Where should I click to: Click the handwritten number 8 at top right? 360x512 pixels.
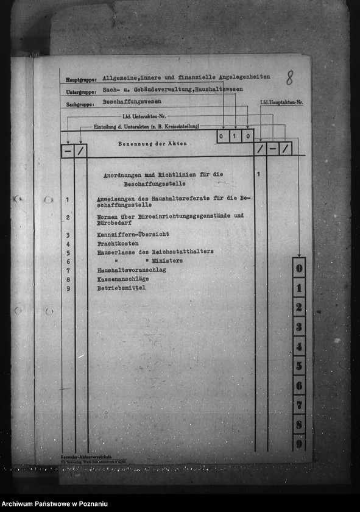289,77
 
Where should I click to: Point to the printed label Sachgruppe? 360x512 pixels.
81,105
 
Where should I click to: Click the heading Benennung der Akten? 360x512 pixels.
152,144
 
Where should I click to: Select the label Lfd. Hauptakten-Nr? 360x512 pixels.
281,102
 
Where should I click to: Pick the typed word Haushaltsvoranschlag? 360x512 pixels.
131,269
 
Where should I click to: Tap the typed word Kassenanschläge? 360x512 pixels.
122,279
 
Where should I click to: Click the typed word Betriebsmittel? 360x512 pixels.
121,287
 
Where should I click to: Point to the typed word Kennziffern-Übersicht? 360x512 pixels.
132,234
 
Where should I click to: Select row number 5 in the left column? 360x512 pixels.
68,252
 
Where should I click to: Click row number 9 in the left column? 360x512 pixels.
68,288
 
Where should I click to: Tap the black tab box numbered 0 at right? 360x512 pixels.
298,267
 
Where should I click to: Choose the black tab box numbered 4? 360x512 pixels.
298,346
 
